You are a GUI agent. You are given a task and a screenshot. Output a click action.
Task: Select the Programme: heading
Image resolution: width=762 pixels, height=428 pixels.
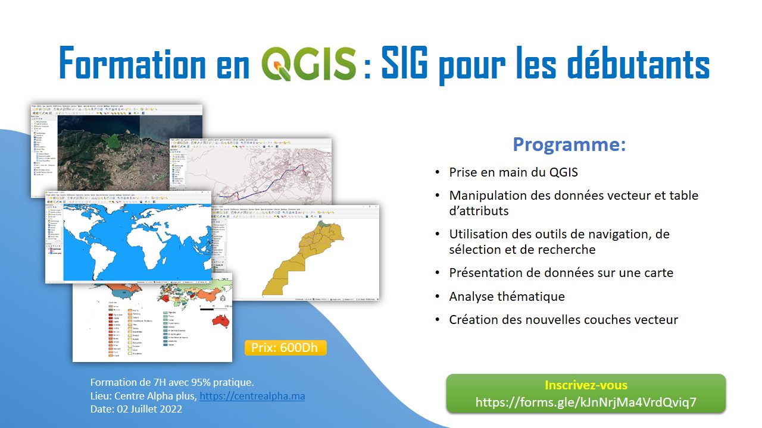(569, 144)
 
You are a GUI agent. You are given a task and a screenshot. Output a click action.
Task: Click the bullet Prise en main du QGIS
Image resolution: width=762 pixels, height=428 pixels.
(513, 172)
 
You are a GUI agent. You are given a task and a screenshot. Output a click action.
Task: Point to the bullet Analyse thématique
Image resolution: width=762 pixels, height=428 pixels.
(507, 296)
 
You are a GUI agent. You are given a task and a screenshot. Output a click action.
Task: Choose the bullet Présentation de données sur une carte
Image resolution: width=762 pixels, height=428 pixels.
(561, 273)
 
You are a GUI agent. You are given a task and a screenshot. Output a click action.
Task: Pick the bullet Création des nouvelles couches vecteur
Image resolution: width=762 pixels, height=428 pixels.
(563, 320)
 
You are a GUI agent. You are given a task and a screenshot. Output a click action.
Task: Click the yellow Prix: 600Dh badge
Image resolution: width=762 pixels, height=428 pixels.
(285, 348)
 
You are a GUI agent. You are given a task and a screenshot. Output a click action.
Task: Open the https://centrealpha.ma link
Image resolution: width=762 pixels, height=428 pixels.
(252, 396)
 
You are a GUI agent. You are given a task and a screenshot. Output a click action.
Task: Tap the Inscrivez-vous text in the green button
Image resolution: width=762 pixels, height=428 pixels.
(586, 385)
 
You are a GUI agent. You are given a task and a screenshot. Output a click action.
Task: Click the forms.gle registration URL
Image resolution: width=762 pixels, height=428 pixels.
(586, 402)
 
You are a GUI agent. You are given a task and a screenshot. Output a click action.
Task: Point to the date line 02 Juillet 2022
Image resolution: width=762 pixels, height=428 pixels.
(136, 409)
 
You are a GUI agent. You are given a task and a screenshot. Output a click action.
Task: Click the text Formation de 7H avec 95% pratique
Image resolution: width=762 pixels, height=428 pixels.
(172, 382)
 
